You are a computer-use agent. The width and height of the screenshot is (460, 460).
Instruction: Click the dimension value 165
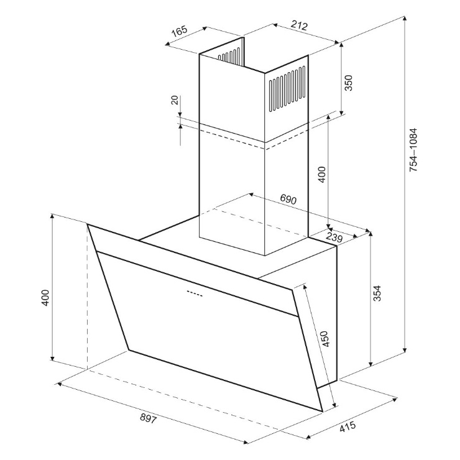(x=179, y=31)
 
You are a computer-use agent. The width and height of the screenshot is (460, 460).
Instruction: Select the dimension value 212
(x=300, y=25)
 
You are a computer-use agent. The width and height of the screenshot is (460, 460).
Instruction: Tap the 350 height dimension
(x=349, y=83)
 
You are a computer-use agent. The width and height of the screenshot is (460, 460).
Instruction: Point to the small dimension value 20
(x=175, y=100)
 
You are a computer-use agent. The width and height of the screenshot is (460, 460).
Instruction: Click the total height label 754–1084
(x=413, y=150)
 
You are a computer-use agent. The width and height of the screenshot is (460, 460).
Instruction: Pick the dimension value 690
(x=288, y=199)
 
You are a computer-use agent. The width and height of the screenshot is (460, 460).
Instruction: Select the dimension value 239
(x=334, y=237)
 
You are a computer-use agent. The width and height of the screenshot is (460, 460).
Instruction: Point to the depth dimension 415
(x=347, y=426)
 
